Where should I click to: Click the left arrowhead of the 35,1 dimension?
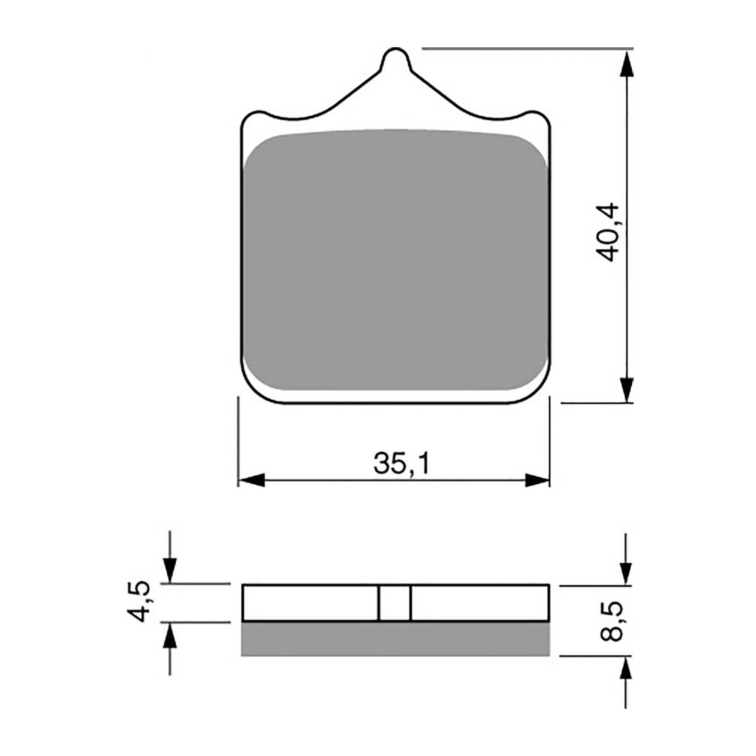point(252,481)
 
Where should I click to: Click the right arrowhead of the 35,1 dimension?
point(537,481)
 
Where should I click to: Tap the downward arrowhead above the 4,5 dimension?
point(170,571)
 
